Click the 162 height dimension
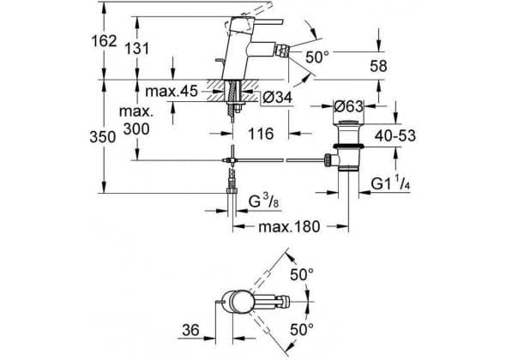tap(104, 41)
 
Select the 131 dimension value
tap(137, 49)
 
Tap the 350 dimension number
tap(103, 137)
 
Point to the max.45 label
tap(171, 92)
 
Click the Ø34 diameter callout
tap(277, 97)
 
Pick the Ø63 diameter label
tap(348, 106)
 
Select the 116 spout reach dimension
tap(261, 134)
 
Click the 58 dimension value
tap(378, 66)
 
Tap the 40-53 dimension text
tap(395, 135)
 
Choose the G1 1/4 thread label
tap(390, 184)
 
